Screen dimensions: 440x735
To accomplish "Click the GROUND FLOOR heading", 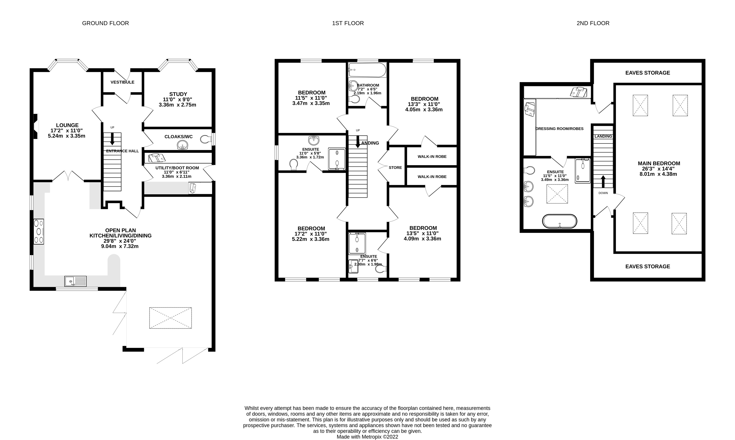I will click(x=105, y=23).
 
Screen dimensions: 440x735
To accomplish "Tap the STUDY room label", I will click(x=178, y=94).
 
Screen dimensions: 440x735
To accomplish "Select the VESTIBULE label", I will click(x=122, y=82).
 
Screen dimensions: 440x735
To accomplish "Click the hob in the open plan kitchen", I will click(x=39, y=232).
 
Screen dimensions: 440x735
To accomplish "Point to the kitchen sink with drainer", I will click(x=76, y=281).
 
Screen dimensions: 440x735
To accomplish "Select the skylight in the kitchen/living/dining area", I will click(x=170, y=318).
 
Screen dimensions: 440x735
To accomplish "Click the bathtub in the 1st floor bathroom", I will click(x=367, y=70).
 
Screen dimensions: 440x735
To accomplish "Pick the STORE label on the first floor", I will click(x=395, y=168).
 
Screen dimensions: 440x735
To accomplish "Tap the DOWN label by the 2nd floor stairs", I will click(x=603, y=193).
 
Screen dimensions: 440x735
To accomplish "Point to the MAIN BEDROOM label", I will click(x=659, y=163).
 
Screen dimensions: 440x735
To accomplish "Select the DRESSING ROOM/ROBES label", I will click(x=559, y=129).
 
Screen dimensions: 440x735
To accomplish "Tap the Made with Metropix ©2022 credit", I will click(x=367, y=437).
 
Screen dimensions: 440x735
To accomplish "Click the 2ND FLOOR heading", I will click(x=593, y=23).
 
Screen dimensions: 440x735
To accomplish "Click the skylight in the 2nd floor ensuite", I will click(x=557, y=194).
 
